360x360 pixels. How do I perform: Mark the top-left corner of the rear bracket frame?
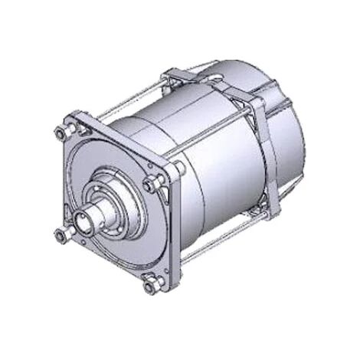170,75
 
